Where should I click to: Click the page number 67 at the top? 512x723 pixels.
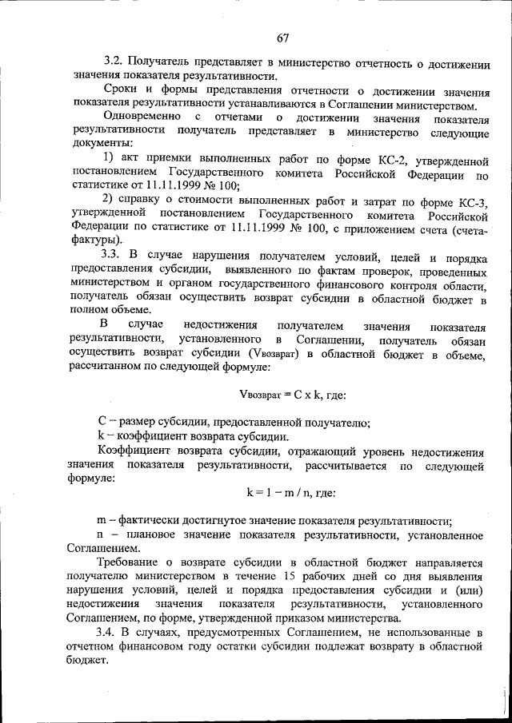coord(283,38)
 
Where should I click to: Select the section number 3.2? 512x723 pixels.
coord(113,62)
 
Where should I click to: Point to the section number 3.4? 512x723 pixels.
coord(113,633)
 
